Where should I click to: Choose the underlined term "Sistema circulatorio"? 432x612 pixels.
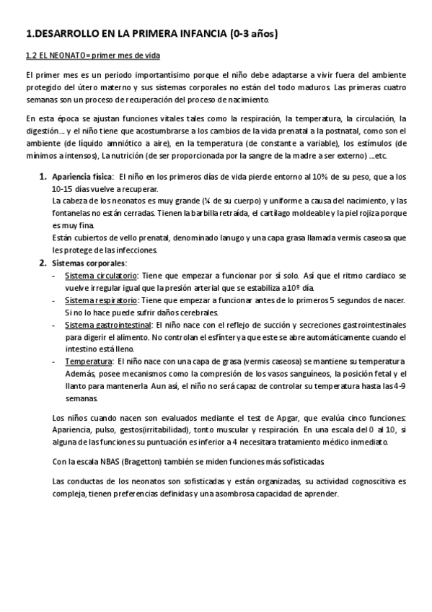click(102, 276)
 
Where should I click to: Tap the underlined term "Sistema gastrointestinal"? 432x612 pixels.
click(110, 325)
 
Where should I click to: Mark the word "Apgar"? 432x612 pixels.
click(247, 419)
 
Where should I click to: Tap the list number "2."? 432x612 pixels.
click(43, 263)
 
